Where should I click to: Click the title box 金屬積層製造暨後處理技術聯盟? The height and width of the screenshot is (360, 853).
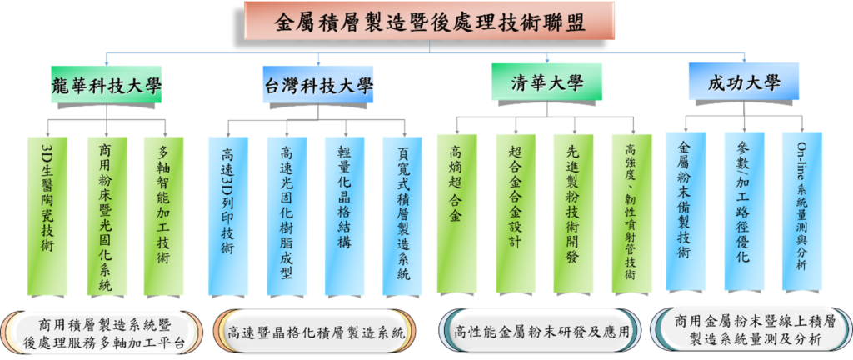pos(430,22)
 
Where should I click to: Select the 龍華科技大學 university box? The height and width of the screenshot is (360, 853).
pos(107,84)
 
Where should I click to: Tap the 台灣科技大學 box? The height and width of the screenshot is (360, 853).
pos(319,84)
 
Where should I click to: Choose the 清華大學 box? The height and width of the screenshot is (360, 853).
pos(546,82)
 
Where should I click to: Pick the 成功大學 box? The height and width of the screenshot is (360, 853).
pos(744,82)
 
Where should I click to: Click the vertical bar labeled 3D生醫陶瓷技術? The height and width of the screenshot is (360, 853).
pos(47,216)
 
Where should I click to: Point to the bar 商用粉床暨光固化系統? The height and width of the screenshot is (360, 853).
pos(107,216)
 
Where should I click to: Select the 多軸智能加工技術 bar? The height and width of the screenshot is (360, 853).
pos(164,216)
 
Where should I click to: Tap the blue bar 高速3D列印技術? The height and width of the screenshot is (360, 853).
pos(228,216)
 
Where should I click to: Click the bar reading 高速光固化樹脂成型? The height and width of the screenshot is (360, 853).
pos(287,216)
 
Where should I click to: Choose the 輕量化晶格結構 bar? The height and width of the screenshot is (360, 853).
pos(344,216)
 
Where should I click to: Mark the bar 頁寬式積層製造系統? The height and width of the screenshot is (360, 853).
pos(402,216)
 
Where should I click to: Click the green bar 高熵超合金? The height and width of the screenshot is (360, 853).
pos(457,213)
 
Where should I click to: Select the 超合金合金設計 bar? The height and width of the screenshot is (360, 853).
pos(516,213)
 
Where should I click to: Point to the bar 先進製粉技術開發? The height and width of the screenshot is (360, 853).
pos(573,213)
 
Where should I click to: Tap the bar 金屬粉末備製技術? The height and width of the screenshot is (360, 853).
pos(686,212)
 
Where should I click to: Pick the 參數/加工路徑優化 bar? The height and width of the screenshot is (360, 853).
pos(744,212)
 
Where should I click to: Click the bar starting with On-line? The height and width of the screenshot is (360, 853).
pos(802,212)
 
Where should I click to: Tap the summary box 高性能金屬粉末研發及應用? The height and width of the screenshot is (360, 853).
pos(540,331)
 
